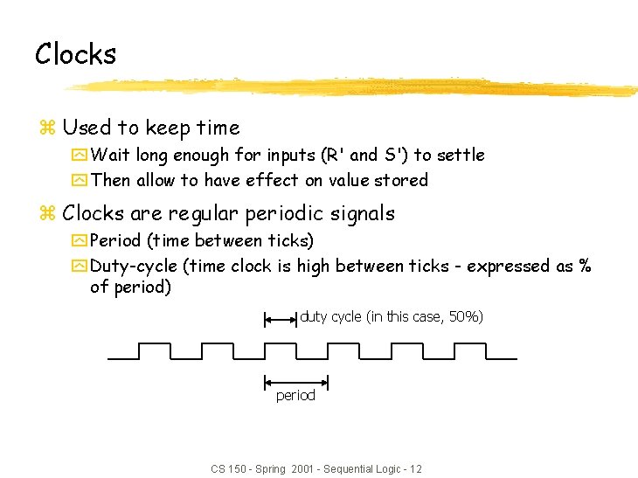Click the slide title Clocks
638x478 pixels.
pos(75,54)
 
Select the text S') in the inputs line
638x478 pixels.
pos(397,155)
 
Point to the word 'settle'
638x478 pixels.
pos(460,155)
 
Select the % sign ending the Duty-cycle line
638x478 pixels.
pos(585,266)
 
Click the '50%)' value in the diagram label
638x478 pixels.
pos(465,316)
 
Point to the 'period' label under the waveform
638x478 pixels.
pos(295,396)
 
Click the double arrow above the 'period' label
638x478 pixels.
pos(295,381)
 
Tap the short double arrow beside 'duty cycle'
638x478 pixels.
pos(281,320)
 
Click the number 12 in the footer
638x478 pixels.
pos(415,469)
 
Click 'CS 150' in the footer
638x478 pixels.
pos(229,469)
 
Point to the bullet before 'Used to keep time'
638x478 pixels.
pos(48,128)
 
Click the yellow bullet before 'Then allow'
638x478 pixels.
pos(80,181)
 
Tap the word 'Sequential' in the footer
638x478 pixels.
pos(348,469)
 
